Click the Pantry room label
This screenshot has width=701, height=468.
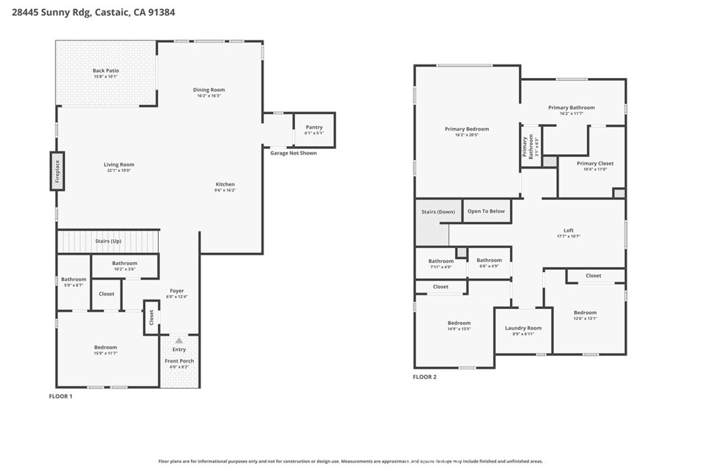click(x=314, y=127)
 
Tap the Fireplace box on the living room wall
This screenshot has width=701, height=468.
click(x=58, y=171)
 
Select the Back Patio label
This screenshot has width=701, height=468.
click(x=106, y=71)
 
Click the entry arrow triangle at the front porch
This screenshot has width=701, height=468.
click(x=179, y=340)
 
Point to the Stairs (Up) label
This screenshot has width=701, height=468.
click(x=108, y=241)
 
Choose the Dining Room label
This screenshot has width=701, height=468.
click(x=209, y=90)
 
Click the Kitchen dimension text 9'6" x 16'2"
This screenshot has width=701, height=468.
click(x=225, y=190)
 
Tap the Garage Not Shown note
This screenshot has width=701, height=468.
click(x=294, y=153)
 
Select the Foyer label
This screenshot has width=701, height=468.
click(x=177, y=291)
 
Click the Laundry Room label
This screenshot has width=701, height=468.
click(x=523, y=328)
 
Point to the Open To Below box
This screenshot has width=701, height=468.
click(x=486, y=211)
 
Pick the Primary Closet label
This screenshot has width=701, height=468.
click(x=595, y=164)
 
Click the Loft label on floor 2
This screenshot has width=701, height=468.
click(x=568, y=230)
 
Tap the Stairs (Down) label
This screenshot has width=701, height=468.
click(x=438, y=212)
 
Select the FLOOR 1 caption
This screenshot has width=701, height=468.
click(x=60, y=396)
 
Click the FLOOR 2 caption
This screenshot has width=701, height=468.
click(x=424, y=376)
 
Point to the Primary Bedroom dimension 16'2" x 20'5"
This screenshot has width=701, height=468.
click(x=467, y=135)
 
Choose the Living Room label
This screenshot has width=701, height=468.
click(x=118, y=164)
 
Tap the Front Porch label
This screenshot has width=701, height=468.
click(x=179, y=361)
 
